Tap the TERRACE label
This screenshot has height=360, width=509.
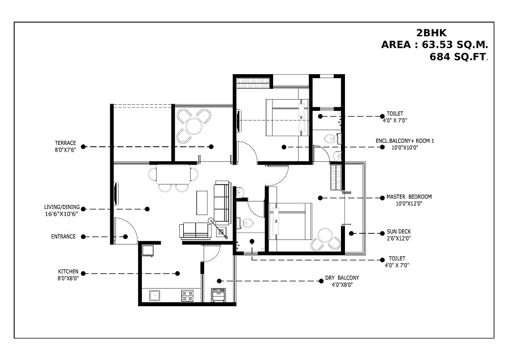(x=66, y=143)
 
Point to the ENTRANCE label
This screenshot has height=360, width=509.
(x=63, y=237)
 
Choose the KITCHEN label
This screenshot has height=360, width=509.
(x=68, y=271)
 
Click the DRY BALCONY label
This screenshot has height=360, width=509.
(x=342, y=278)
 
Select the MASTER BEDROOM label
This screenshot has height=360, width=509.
(x=409, y=197)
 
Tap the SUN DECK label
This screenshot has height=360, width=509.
(x=399, y=232)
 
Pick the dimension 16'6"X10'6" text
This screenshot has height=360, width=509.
(x=61, y=214)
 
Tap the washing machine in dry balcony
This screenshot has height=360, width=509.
(x=218, y=295)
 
